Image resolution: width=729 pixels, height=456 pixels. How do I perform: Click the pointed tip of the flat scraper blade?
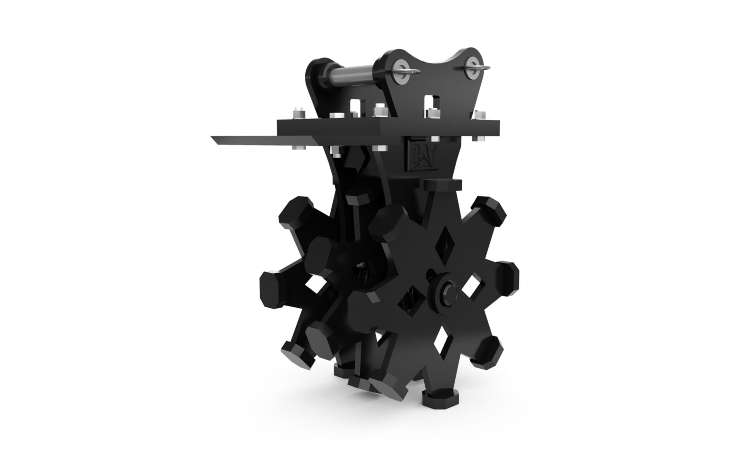pyautogui.click(x=211, y=137)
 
